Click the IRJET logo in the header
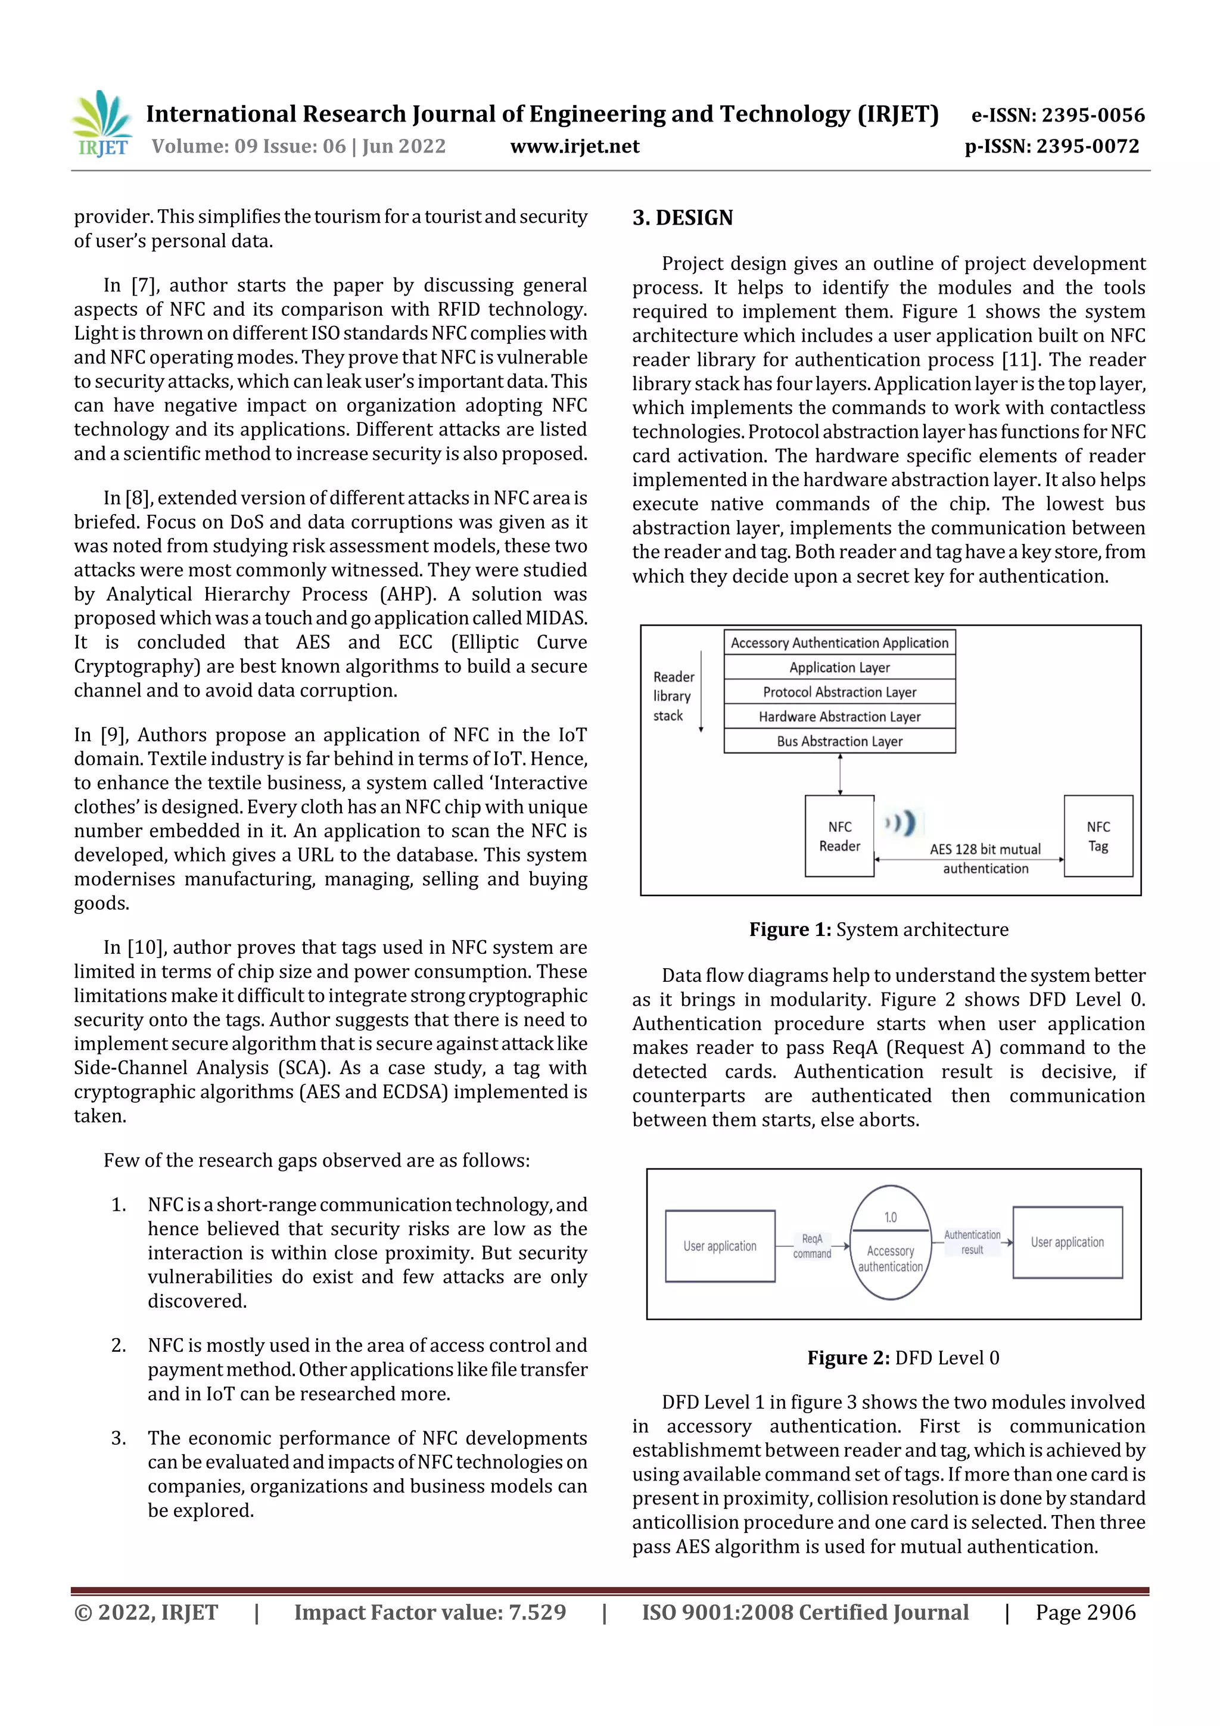click(101, 124)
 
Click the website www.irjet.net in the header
click(574, 147)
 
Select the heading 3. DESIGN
click(682, 218)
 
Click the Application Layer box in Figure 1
click(839, 667)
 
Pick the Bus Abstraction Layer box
click(839, 741)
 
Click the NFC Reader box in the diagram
click(839, 836)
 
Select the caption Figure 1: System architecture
click(878, 930)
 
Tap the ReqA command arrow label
click(812, 1246)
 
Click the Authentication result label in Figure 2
click(972, 1242)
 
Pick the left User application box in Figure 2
click(720, 1246)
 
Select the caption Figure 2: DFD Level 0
click(902, 1358)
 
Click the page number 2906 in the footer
click(1110, 1612)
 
